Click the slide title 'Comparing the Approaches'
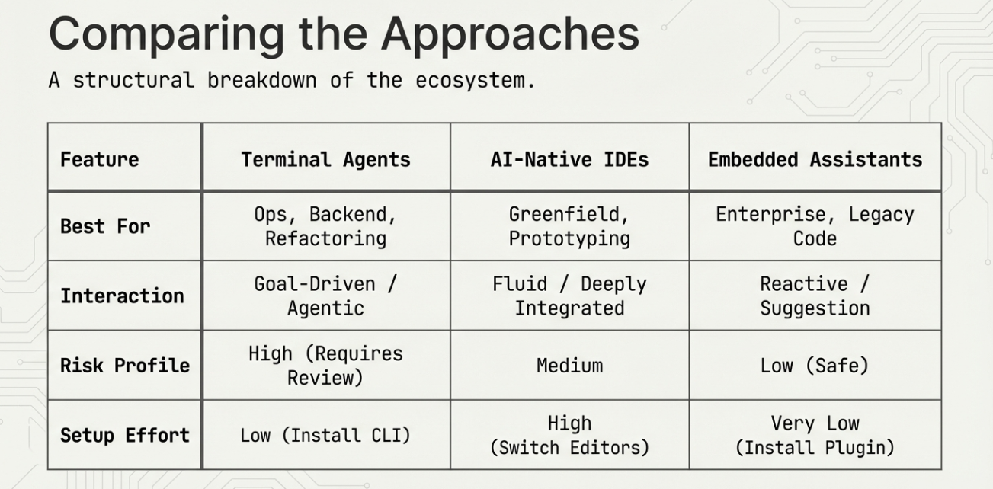pyautogui.click(x=344, y=34)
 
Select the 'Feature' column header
pyautogui.click(x=100, y=159)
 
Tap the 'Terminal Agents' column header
pyautogui.click(x=325, y=159)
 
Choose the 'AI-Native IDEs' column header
pyautogui.click(x=569, y=159)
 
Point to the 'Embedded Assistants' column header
pyautogui.click(x=815, y=159)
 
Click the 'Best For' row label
pyautogui.click(x=105, y=226)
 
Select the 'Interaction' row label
pyautogui.click(x=122, y=296)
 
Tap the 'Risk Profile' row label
pyautogui.click(x=125, y=365)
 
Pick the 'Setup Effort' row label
pyautogui.click(x=125, y=435)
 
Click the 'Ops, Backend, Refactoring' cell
pyautogui.click(x=325, y=226)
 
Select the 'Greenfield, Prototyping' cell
pyautogui.click(x=569, y=226)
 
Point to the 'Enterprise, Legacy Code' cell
pyautogui.click(x=815, y=226)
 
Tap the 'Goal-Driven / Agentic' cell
pyautogui.click(x=325, y=296)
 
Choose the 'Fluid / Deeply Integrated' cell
pyautogui.click(x=569, y=296)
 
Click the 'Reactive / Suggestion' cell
pyautogui.click(x=815, y=296)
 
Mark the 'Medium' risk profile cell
pyautogui.click(x=569, y=366)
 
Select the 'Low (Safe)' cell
pyautogui.click(x=815, y=366)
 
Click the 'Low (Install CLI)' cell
pyautogui.click(x=325, y=436)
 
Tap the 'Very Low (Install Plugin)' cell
pyautogui.click(x=815, y=435)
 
